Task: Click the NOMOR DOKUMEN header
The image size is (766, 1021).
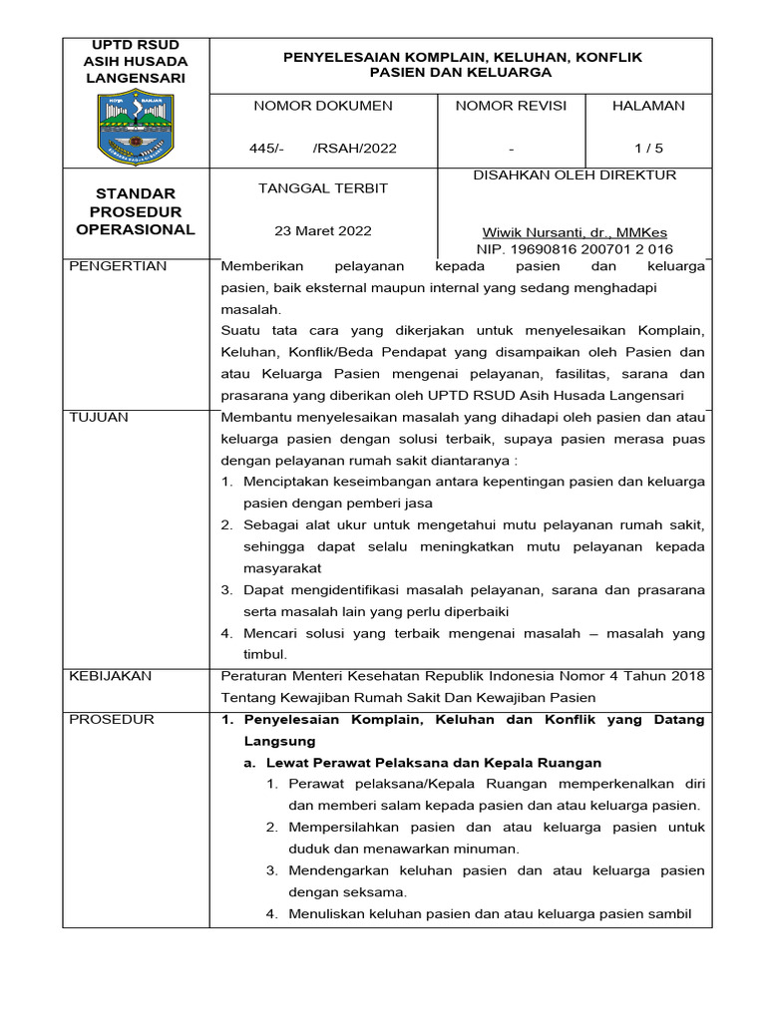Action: [323, 106]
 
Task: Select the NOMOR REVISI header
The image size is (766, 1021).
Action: [510, 106]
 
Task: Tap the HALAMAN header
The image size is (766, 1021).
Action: [648, 106]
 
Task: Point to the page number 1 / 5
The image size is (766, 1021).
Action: [648, 149]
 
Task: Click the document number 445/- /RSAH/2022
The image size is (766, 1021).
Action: [323, 149]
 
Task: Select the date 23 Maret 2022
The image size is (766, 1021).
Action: [323, 231]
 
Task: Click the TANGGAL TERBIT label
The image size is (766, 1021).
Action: [323, 188]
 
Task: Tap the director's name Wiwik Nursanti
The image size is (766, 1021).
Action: [574, 232]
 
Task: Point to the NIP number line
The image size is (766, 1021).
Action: [574, 248]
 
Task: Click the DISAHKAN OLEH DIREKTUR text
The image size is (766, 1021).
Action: [574, 175]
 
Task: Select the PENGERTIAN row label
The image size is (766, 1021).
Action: [118, 267]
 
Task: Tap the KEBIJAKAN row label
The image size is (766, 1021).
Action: [110, 676]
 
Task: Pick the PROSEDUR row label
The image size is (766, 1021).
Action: [111, 720]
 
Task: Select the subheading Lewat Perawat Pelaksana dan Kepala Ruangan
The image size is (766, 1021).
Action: [433, 762]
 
